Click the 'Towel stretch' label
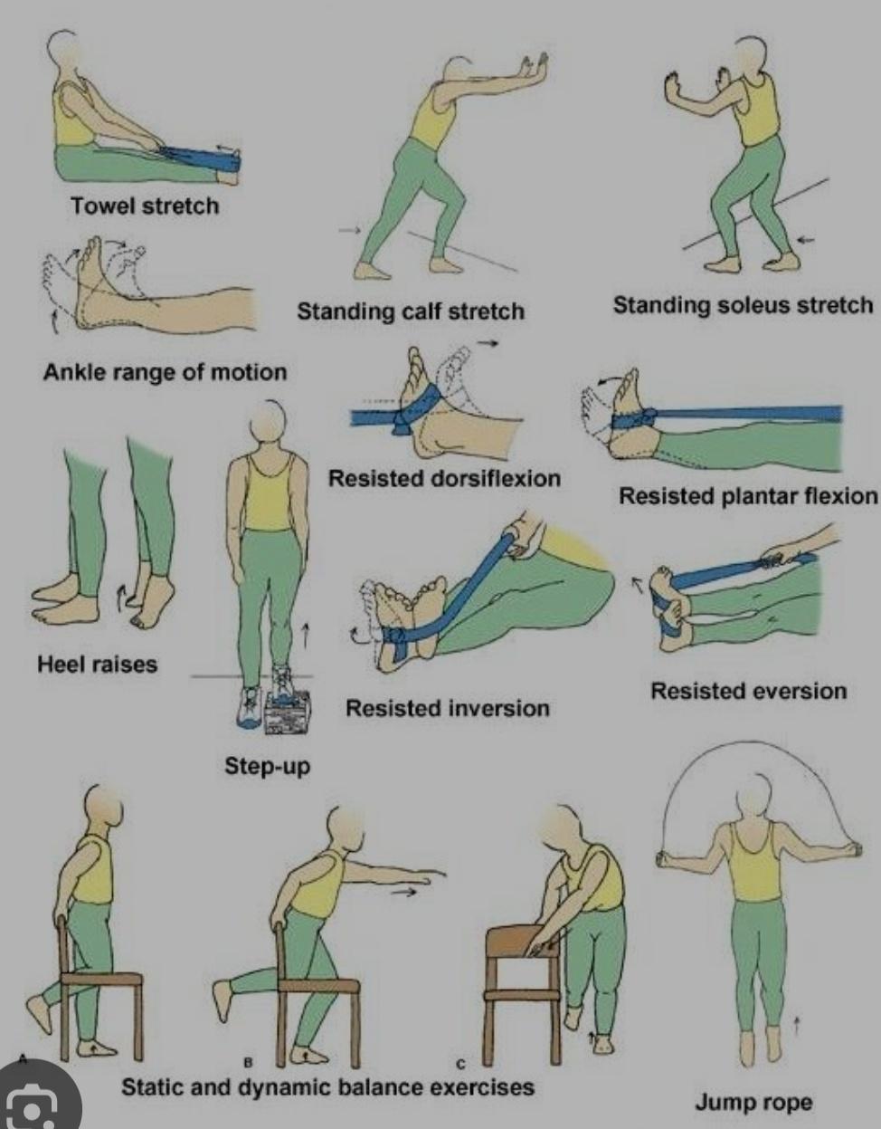(145, 206)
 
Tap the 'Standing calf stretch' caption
(411, 311)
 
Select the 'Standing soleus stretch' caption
(743, 305)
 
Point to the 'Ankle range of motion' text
(165, 372)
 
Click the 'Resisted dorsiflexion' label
(445, 478)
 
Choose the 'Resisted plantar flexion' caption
(748, 495)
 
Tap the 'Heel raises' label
(97, 664)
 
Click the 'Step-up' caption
(268, 766)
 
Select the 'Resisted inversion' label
(447, 708)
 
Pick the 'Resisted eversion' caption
(749, 691)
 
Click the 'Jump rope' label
(753, 1102)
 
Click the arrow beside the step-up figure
(306, 636)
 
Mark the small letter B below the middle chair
(248, 1063)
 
